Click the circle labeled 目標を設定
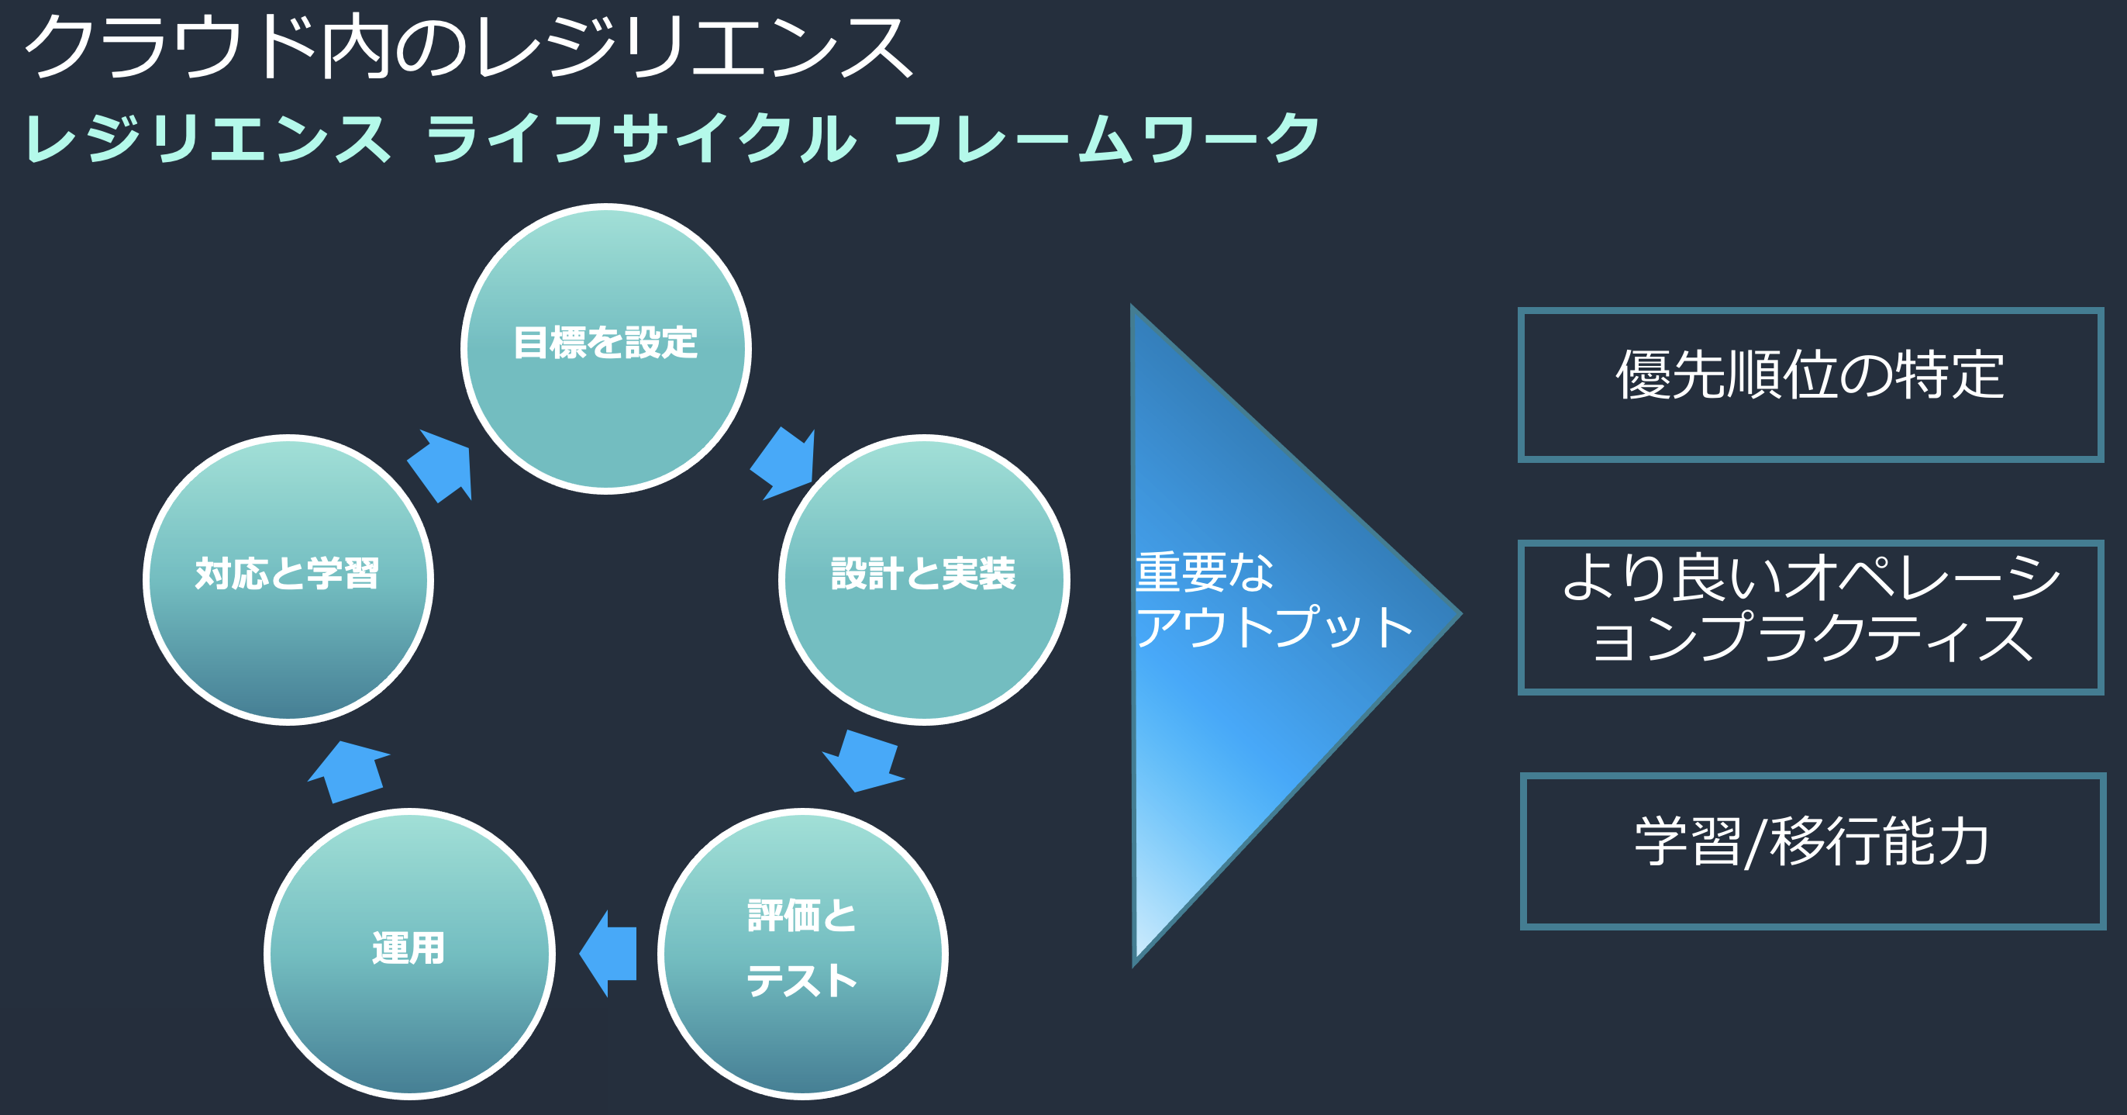click(606, 350)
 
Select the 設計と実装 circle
click(924, 580)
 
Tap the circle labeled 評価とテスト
click(802, 954)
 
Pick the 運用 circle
click(409, 954)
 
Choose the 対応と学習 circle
click(288, 580)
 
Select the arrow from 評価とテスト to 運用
click(611, 953)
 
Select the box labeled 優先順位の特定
click(1810, 385)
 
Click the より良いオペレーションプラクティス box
click(1810, 617)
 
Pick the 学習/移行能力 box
click(1812, 851)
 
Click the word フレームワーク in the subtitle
click(1106, 138)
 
